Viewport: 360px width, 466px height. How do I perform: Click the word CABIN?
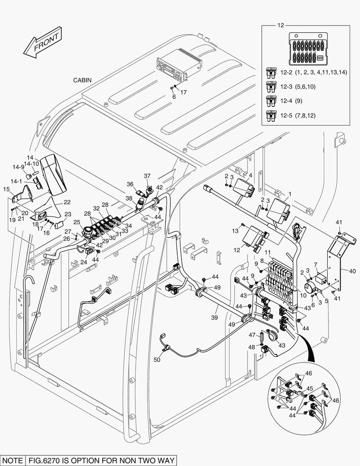(x=82, y=80)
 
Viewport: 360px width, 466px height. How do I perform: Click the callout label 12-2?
(x=287, y=72)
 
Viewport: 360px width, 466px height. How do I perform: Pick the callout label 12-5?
(x=287, y=115)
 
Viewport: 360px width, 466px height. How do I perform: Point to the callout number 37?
(x=147, y=176)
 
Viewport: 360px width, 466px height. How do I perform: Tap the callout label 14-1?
(x=17, y=182)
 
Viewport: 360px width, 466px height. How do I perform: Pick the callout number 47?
(x=252, y=334)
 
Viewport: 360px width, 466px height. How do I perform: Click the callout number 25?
(x=77, y=222)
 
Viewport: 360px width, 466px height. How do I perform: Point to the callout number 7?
(x=316, y=264)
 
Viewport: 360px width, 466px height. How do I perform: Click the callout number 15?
(x=6, y=189)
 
